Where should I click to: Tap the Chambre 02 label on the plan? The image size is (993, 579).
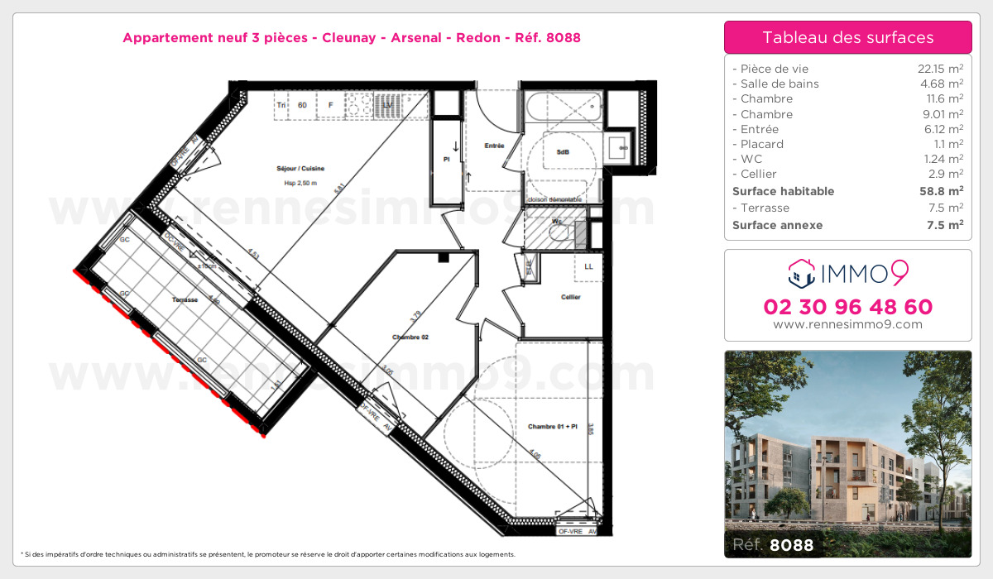pos(410,337)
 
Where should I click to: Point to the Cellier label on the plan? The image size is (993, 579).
pos(570,297)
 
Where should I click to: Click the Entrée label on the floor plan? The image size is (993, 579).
pos(494,146)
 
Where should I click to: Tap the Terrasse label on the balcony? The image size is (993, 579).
pos(184,299)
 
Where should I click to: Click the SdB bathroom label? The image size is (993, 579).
pos(563,152)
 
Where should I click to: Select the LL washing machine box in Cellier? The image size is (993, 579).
pos(588,266)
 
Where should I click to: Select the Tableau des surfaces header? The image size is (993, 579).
pos(847,37)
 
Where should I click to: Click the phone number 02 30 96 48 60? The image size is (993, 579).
pos(847,307)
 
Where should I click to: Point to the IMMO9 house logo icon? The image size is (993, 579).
pos(801,271)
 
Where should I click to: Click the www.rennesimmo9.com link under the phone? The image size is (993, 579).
pos(847,324)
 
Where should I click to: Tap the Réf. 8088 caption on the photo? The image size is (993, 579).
pos(773,545)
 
